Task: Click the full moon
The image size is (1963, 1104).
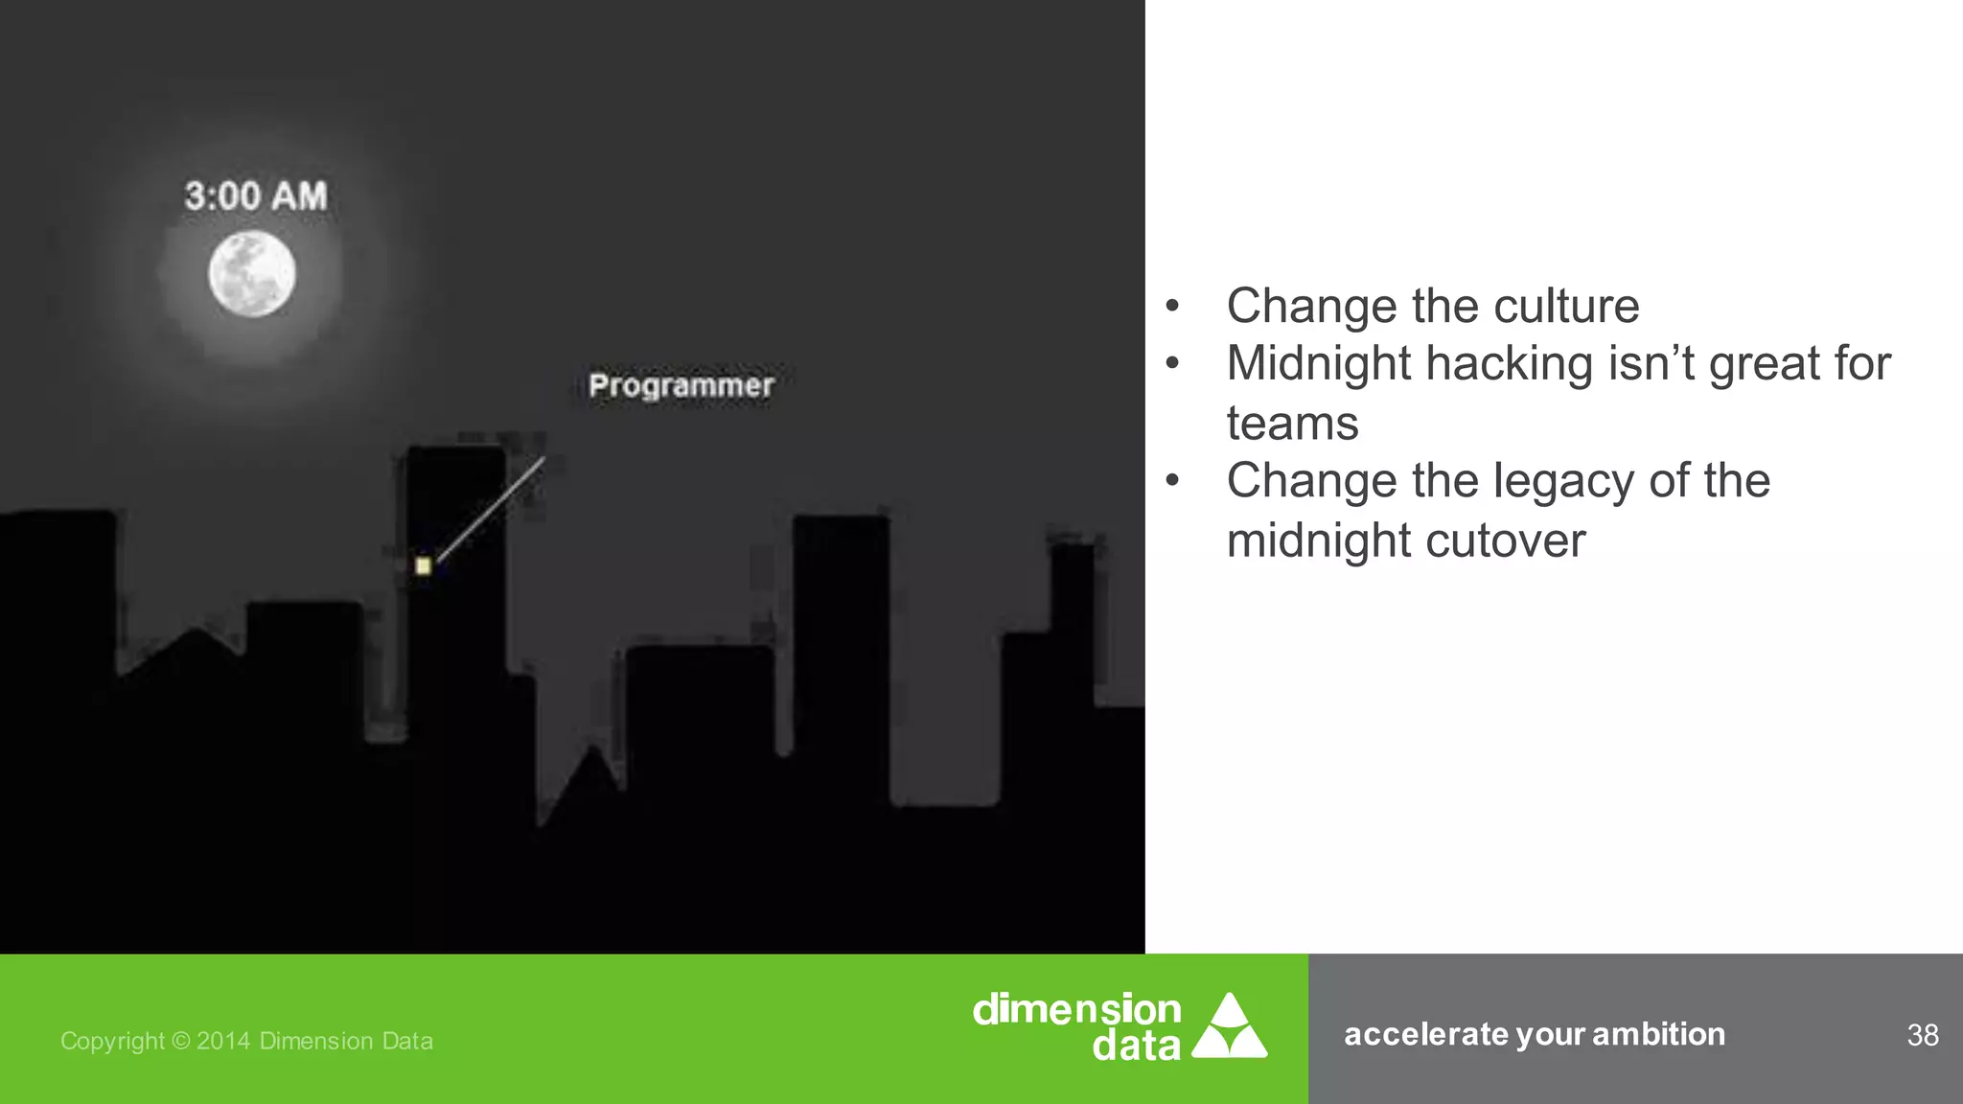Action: click(x=252, y=274)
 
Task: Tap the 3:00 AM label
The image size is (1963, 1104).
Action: click(x=256, y=196)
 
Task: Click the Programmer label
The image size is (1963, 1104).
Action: click(x=681, y=385)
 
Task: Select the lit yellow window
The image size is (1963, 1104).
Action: click(x=423, y=565)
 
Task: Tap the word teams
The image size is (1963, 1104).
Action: click(x=1292, y=424)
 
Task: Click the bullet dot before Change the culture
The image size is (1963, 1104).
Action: click(x=1171, y=307)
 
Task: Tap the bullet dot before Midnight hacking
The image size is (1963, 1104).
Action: click(x=1171, y=364)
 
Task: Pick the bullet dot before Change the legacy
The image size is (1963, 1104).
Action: click(x=1171, y=481)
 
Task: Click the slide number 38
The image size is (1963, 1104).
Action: click(x=1922, y=1035)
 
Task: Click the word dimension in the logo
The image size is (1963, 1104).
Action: click(x=1076, y=1009)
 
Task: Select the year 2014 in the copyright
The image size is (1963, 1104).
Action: click(x=222, y=1041)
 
